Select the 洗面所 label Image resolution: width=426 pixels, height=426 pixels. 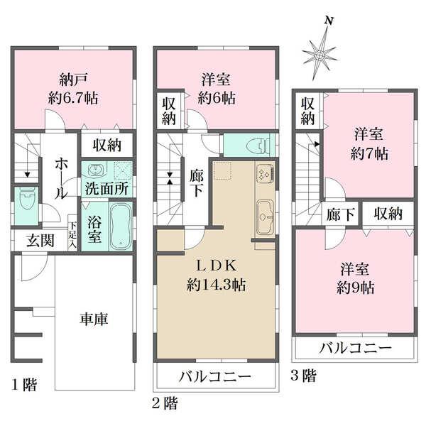pos(106,190)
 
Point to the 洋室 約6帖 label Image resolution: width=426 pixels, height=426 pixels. pos(216,89)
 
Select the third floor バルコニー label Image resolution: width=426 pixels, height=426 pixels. pos(355,349)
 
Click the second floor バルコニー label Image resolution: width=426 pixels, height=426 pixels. pos(214,376)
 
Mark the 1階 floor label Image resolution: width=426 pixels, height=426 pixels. pos(23,386)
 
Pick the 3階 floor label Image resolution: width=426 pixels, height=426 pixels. pos(303,376)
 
